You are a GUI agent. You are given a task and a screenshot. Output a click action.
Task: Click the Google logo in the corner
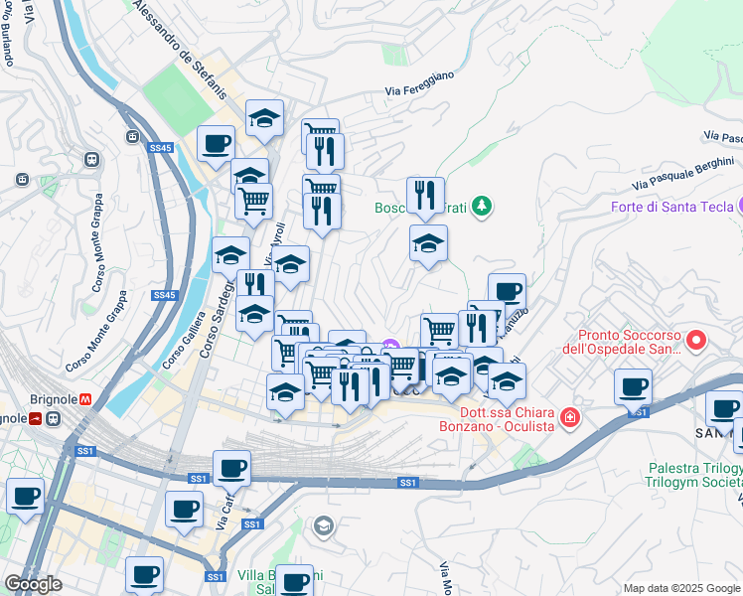pyautogui.click(x=33, y=584)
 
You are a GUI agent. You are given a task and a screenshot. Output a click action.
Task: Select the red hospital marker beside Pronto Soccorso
pyautogui.click(x=696, y=341)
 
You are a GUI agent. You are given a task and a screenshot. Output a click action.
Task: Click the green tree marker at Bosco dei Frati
pyautogui.click(x=482, y=206)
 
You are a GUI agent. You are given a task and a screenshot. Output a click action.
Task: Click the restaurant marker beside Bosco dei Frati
pyautogui.click(x=425, y=194)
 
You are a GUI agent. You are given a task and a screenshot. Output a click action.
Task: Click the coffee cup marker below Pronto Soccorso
pyautogui.click(x=632, y=385)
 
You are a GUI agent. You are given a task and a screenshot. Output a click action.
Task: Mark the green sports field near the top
pyautogui.click(x=175, y=96)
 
